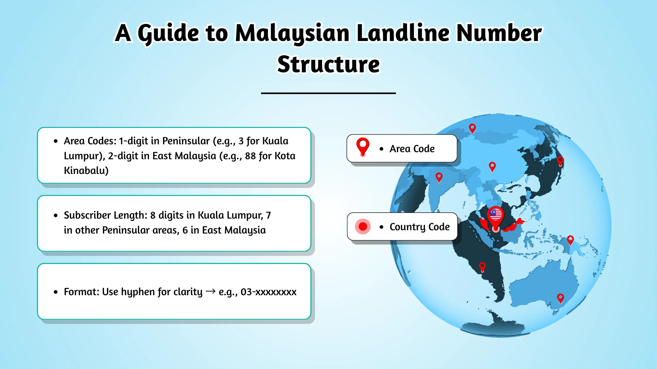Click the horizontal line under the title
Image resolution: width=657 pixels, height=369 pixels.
click(328, 93)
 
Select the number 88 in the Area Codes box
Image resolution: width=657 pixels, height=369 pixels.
click(250, 156)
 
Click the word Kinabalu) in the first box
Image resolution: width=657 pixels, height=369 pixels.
click(86, 171)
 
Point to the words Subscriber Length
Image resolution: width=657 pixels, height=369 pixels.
click(105, 215)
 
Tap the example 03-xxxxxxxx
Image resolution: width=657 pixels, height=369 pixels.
click(268, 292)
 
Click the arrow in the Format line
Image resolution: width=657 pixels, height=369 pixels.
click(210, 291)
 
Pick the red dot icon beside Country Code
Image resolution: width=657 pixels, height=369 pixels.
click(363, 227)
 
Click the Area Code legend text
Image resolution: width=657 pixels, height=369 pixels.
click(412, 149)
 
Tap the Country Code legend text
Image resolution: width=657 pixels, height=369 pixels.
click(420, 227)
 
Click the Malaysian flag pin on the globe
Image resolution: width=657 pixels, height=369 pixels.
click(496, 217)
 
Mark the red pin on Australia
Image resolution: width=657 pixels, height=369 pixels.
click(560, 298)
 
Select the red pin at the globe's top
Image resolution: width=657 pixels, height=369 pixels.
click(472, 128)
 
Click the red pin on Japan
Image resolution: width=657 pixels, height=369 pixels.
click(560, 161)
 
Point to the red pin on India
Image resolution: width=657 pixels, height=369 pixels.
click(439, 177)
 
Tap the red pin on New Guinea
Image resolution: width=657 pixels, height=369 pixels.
click(570, 240)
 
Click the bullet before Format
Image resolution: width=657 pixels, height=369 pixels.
click(56, 292)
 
